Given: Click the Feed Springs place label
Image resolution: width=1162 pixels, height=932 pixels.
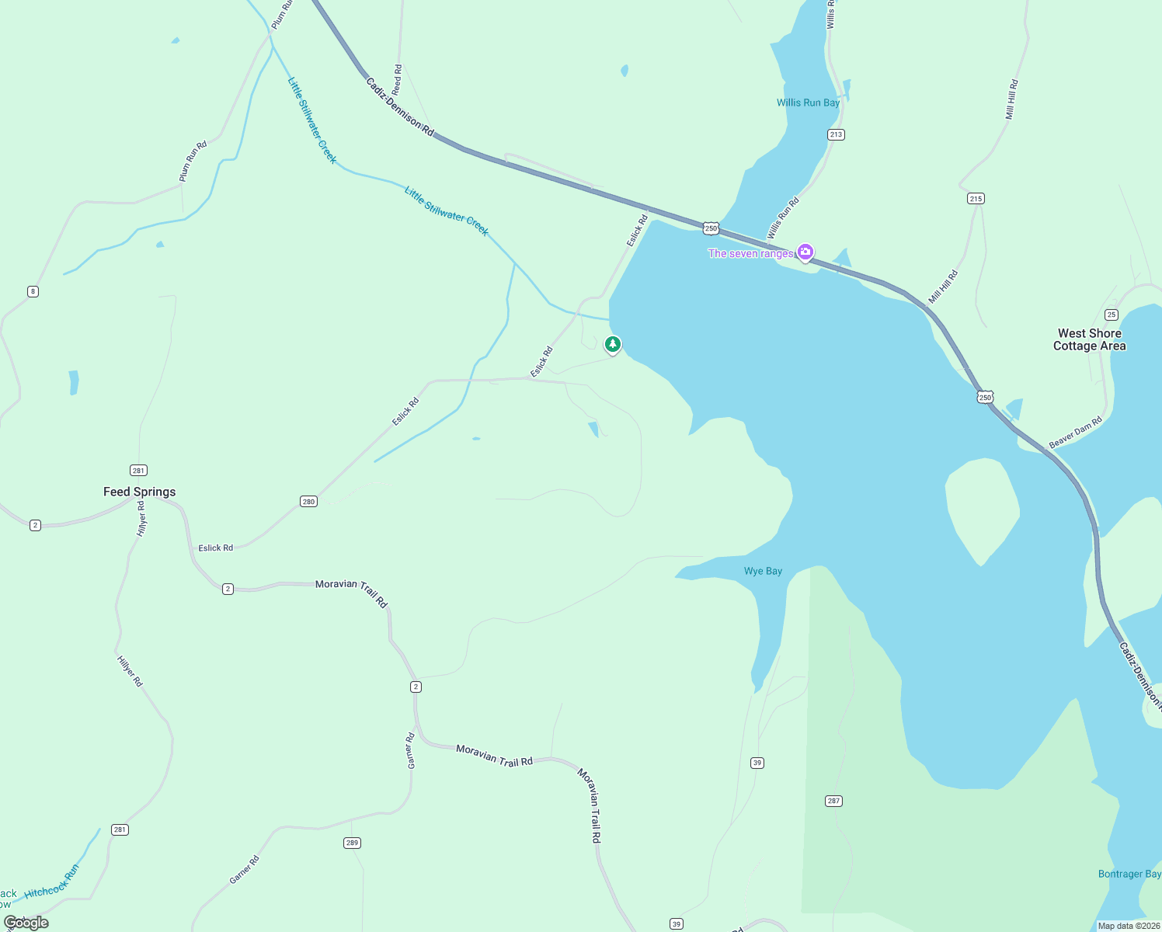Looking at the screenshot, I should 140,492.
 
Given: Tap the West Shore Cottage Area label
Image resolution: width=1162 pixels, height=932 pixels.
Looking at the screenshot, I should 1089,339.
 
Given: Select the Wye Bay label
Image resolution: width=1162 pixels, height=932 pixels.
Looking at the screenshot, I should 763,571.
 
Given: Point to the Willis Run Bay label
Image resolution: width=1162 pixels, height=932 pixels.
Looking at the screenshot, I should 808,103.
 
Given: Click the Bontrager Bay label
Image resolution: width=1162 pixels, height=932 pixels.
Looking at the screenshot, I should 1129,874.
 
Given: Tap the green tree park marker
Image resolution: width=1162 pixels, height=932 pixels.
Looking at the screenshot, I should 613,344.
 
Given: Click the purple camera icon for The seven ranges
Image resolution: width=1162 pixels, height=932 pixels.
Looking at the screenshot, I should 805,252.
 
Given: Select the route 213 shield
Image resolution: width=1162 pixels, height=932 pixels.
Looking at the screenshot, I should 836,134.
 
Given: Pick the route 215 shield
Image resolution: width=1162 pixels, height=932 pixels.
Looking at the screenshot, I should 976,198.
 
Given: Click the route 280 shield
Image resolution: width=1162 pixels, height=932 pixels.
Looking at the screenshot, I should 308,501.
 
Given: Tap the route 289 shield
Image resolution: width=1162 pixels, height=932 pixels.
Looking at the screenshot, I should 352,843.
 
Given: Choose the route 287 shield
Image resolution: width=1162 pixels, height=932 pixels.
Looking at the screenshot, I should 833,801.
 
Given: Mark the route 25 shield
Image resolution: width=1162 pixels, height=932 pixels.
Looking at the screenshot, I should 1112,315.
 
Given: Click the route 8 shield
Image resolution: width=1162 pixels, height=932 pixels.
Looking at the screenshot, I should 33,291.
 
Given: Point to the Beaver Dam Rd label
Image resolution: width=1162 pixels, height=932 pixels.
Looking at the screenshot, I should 1076,433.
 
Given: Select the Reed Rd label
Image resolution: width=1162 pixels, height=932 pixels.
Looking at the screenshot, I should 397,80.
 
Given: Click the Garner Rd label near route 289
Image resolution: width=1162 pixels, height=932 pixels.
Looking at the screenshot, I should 244,870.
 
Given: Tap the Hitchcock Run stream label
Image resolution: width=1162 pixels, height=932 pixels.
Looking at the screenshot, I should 52,882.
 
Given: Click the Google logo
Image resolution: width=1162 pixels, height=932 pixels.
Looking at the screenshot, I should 26,922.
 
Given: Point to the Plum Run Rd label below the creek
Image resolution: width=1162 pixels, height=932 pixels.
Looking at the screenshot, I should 193,161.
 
